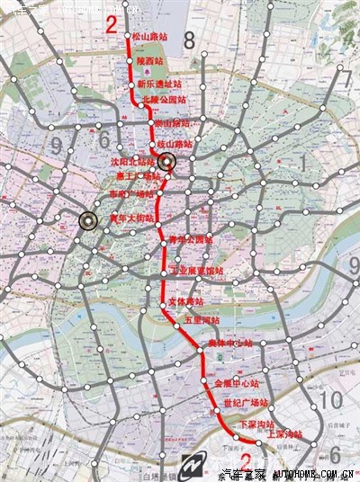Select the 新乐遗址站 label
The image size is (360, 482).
[x=158, y=84]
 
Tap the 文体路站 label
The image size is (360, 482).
[x=186, y=303]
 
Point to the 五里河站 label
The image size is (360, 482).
[x=201, y=319]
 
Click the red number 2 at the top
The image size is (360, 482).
[x=111, y=24]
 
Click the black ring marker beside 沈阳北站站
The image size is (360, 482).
[x=166, y=162]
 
